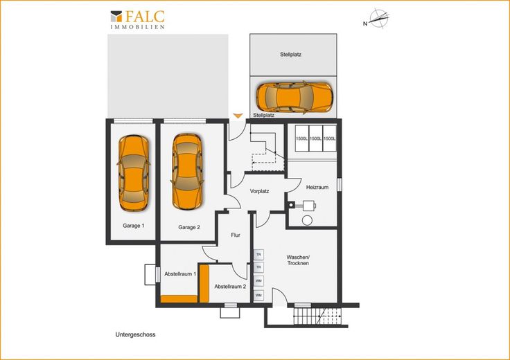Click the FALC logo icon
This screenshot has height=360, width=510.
[116, 17]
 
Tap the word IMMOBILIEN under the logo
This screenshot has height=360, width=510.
[138, 27]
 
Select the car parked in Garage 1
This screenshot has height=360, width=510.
[134, 173]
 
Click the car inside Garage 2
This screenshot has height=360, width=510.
[187, 172]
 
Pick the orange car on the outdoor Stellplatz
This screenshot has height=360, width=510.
[294, 97]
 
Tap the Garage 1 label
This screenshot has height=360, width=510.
[134, 226]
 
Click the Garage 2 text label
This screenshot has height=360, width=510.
[189, 227]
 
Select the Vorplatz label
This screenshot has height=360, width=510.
[260, 191]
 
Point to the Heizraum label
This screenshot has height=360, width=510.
[317, 187]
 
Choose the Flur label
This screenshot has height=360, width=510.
[236, 235]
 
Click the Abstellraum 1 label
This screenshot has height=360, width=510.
[180, 274]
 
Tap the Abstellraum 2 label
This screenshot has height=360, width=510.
[230, 287]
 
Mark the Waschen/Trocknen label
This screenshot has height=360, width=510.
[298, 260]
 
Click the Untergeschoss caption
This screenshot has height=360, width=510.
[135, 334]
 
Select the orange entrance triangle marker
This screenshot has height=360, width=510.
[238, 116]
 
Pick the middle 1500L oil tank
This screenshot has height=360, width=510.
[315, 138]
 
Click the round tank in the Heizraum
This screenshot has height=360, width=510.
[307, 220]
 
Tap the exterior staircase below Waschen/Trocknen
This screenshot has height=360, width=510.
[317, 316]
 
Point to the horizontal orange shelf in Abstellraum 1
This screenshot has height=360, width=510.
[179, 299]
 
